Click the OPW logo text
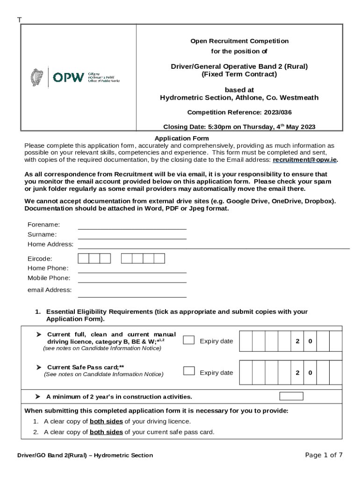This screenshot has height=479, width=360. click(68, 77)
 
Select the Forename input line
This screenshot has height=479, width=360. click(132, 225)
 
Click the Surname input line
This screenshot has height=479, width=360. click(132, 235)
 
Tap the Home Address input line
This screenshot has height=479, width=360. click(213, 245)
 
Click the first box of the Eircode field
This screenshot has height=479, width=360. click(83, 259)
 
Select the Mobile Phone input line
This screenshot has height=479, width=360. click(132, 279)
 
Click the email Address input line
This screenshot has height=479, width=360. click(132, 293)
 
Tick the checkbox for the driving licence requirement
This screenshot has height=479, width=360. click(189, 340)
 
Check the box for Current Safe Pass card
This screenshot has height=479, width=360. click(189, 371)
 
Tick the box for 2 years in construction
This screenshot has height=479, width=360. click(291, 396)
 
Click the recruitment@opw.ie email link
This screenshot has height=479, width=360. click(304, 160)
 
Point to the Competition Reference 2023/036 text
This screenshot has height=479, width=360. click(239, 112)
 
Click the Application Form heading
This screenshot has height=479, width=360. click(181, 138)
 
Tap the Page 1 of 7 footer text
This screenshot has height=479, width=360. click(324, 455)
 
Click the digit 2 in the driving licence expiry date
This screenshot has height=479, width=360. click(297, 341)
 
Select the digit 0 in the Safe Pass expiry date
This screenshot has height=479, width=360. click(310, 373)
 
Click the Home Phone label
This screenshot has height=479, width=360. click(48, 269)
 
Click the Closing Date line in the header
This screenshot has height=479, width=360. click(239, 127)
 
